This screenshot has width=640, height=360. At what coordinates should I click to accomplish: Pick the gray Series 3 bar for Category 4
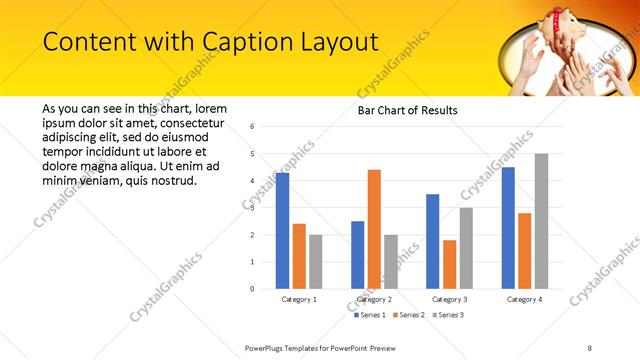541,221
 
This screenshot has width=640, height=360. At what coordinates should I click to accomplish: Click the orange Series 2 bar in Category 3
449,264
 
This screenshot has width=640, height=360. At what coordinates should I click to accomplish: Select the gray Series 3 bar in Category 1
316,261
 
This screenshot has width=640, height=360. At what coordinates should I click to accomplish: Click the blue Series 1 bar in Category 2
357,255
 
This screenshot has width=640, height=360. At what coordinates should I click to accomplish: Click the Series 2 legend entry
409,315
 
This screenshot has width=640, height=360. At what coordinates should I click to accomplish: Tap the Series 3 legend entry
448,315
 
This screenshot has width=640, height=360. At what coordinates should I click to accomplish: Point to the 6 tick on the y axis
253,127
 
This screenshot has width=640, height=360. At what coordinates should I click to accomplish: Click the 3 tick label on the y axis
253,208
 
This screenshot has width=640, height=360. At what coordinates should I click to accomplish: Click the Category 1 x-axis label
299,299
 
